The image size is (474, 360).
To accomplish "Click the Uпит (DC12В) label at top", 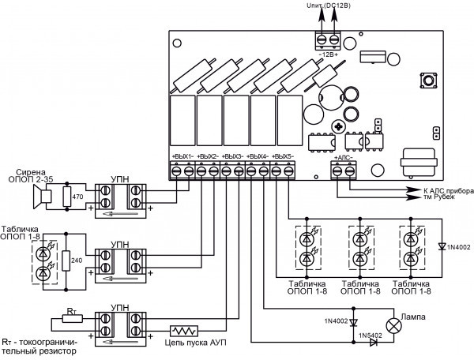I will pyautogui.click(x=324, y=6).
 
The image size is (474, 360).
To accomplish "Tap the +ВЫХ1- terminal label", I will pyautogui.click(x=183, y=156).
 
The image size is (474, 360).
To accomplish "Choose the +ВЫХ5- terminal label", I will pyautogui.click(x=284, y=156).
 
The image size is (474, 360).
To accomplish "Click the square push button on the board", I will pyautogui.click(x=432, y=80).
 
